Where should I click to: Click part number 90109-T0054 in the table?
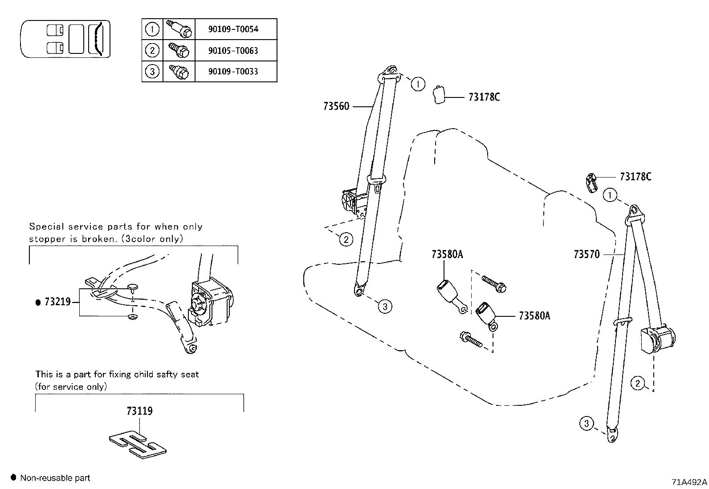[233, 29]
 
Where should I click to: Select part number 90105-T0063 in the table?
[233, 50]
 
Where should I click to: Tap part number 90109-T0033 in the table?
[233, 71]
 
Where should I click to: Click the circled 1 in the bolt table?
[152, 29]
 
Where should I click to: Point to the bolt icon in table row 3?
[179, 72]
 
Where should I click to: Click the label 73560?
[336, 106]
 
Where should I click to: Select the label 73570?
[587, 254]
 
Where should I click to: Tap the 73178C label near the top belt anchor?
[484, 97]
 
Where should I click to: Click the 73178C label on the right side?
[636, 177]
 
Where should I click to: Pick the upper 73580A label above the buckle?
[447, 254]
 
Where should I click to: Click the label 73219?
[57, 302]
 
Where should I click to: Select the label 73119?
[139, 411]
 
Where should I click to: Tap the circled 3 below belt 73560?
[385, 306]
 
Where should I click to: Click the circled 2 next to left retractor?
[346, 240]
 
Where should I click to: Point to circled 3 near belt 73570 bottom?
[587, 423]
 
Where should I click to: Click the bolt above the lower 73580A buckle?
[493, 283]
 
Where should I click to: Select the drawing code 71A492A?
[689, 482]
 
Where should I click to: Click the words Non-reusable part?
[55, 478]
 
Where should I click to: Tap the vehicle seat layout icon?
[65, 39]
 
